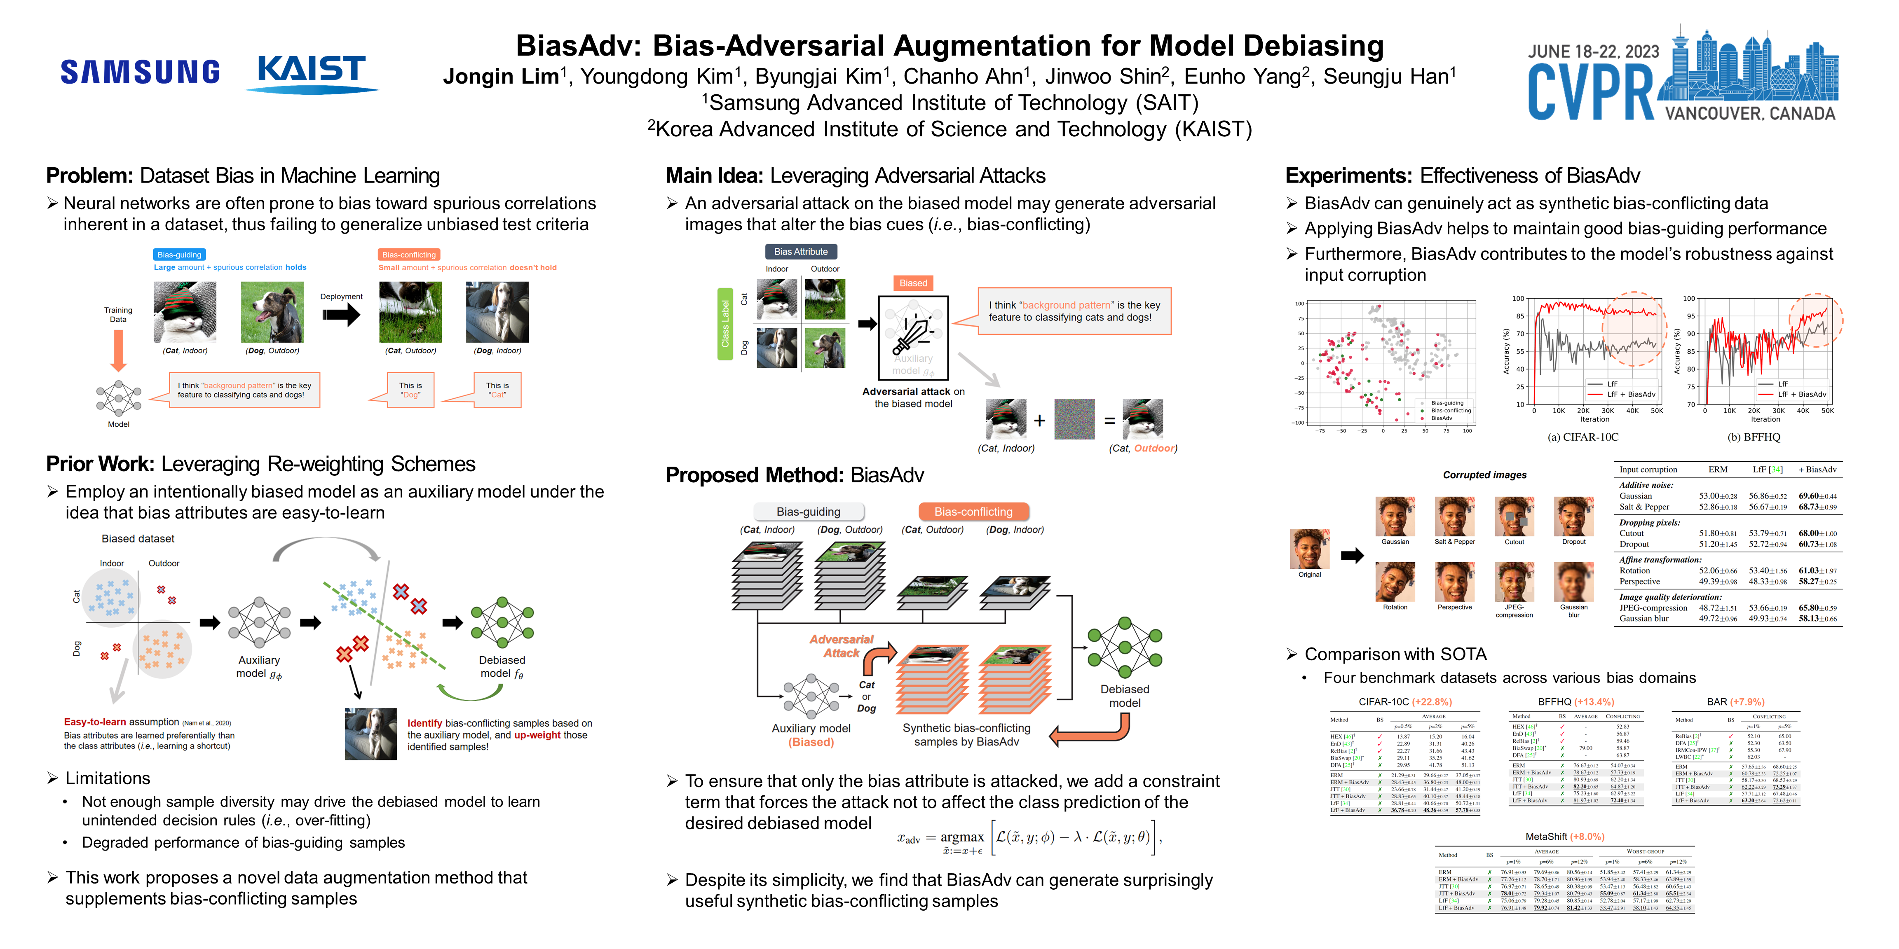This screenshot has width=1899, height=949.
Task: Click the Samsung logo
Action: [140, 72]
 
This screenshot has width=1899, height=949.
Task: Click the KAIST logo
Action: [311, 72]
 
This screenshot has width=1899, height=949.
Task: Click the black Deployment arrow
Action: [340, 316]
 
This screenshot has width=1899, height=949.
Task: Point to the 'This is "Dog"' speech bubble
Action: [410, 390]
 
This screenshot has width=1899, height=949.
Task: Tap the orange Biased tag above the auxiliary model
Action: [913, 283]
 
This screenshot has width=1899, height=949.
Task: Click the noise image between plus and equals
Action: [1074, 419]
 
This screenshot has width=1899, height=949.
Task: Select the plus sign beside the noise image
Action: [1039, 420]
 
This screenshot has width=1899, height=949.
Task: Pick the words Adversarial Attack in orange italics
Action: [841, 646]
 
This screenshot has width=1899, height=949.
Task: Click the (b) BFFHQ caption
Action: [1754, 437]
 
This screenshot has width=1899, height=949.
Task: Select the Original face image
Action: [1309, 549]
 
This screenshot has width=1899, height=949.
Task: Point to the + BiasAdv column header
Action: [1817, 469]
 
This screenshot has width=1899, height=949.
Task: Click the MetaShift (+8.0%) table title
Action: [1564, 837]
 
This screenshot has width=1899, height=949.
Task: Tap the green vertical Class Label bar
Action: [724, 324]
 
